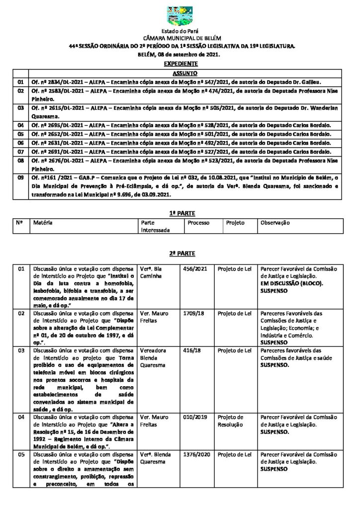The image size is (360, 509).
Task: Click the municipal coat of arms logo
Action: [x=180, y=15]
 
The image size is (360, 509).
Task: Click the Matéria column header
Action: [x=43, y=223]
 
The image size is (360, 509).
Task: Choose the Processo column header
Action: [x=198, y=223]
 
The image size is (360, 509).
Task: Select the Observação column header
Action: [x=274, y=223]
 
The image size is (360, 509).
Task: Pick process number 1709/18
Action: [x=193, y=314]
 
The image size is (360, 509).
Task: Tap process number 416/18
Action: [x=191, y=350]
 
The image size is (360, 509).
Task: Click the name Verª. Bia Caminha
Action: [x=151, y=272]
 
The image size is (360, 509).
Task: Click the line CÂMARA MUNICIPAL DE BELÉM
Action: [x=180, y=38]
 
